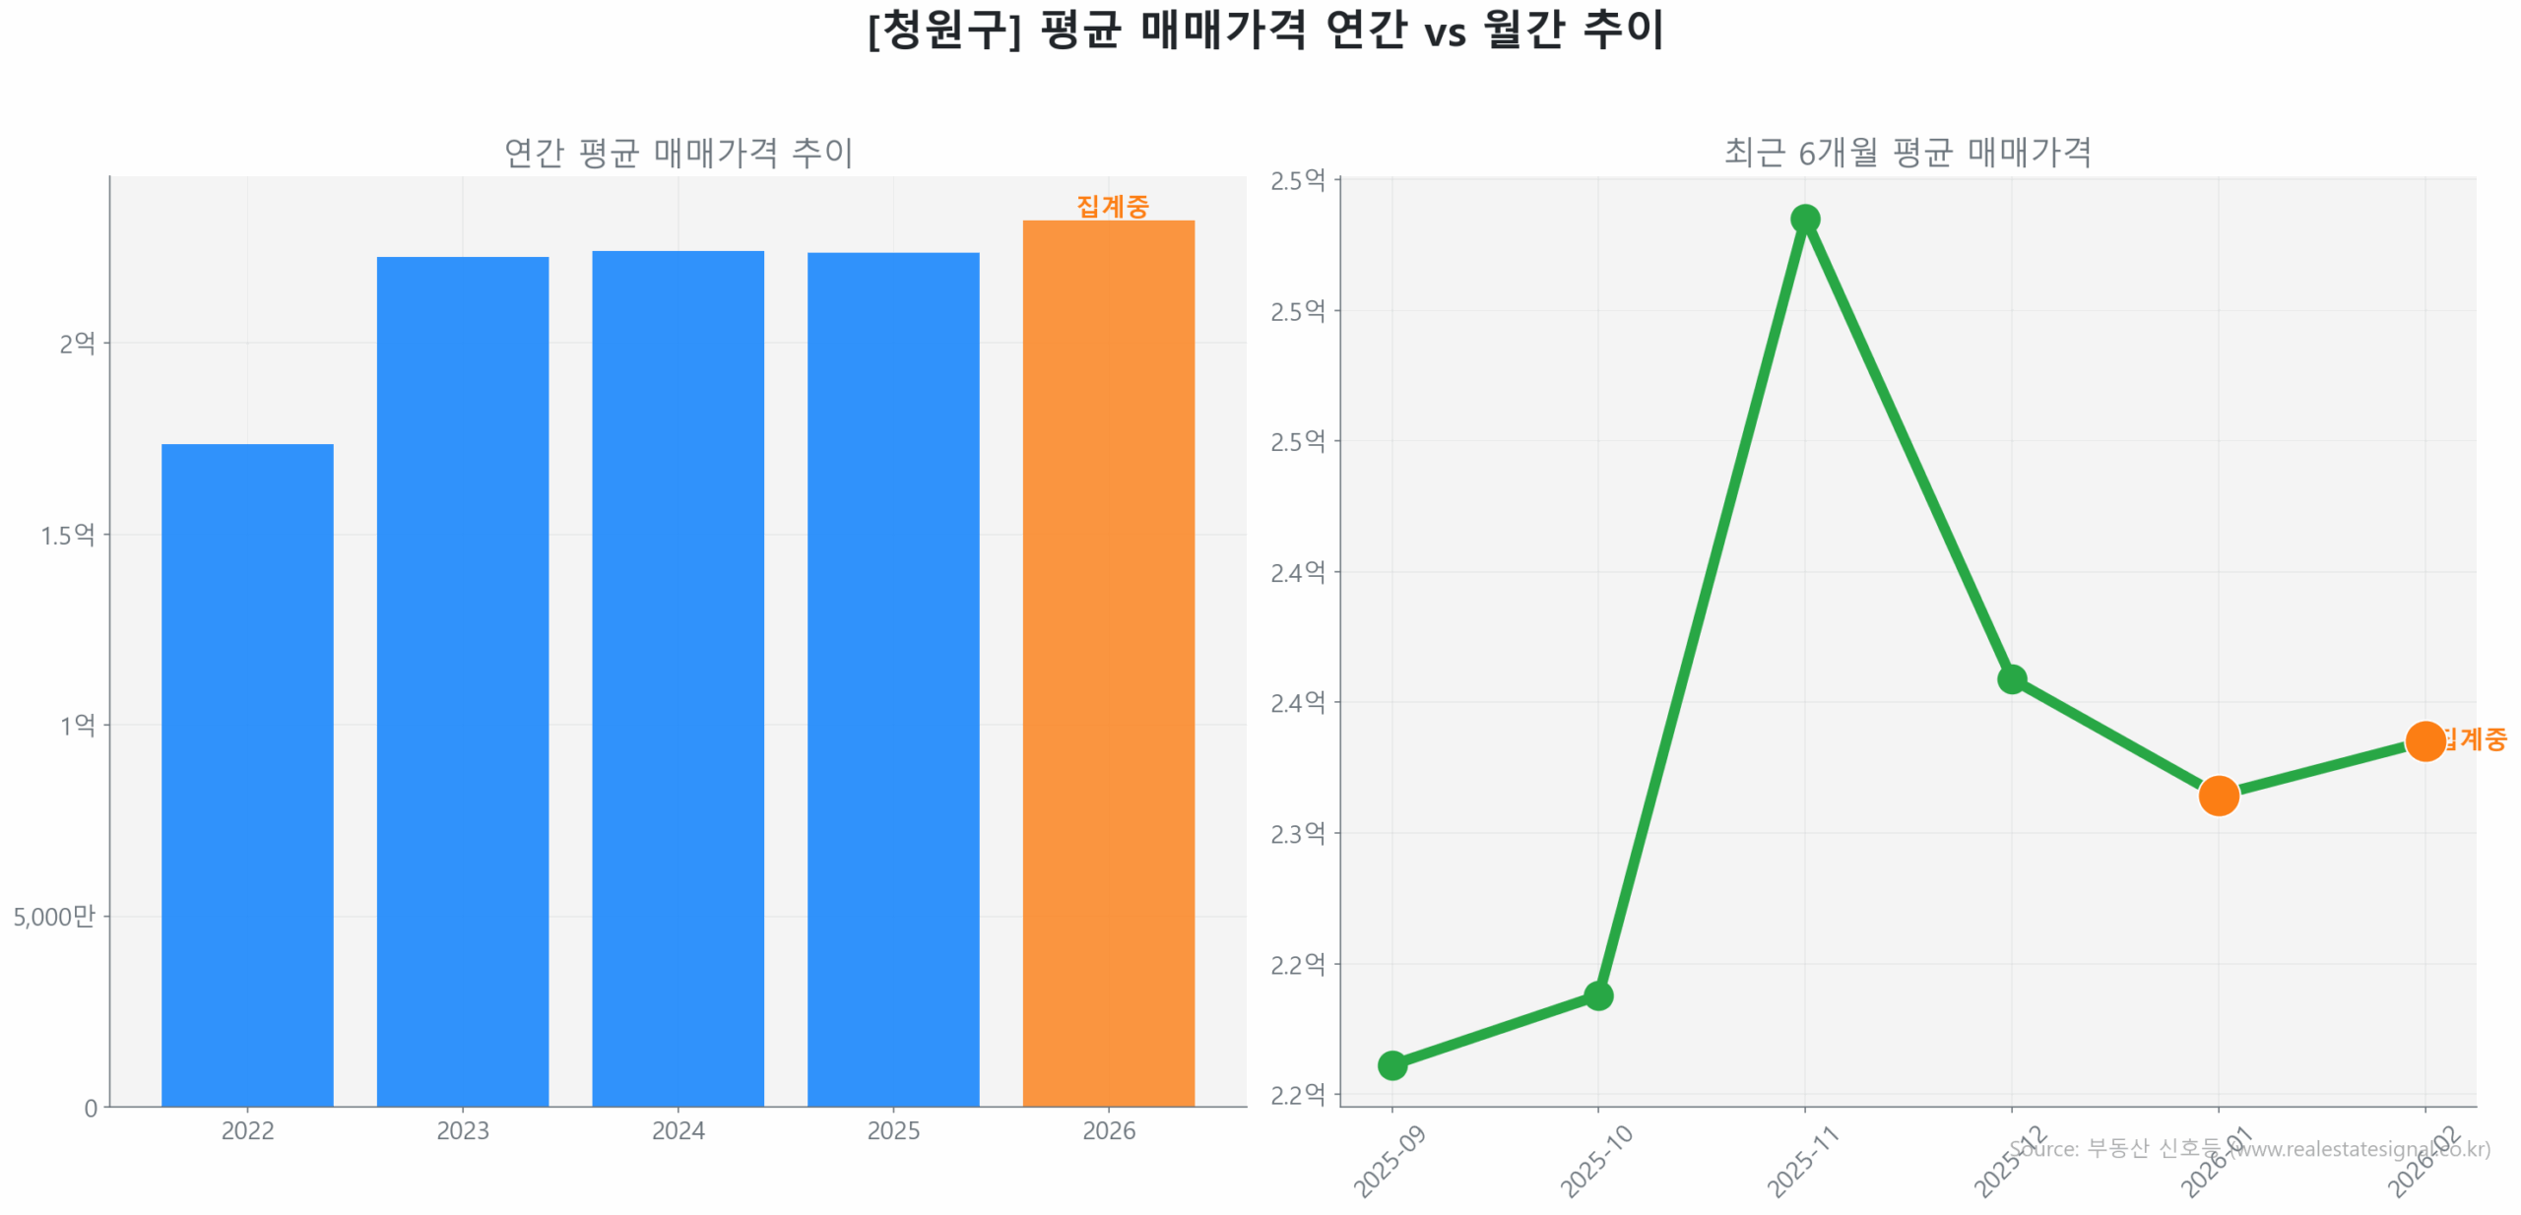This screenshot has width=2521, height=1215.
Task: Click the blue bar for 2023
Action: pyautogui.click(x=462, y=680)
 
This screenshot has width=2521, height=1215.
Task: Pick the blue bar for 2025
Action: pyautogui.click(x=892, y=678)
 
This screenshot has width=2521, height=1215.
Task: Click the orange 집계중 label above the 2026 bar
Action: pyautogui.click(x=1112, y=206)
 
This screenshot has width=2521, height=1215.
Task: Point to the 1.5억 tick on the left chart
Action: pyautogui.click(x=67, y=535)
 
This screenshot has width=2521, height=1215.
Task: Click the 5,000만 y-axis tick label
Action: pyautogui.click(x=54, y=916)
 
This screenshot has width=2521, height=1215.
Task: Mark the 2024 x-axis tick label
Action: pyautogui.click(x=678, y=1129)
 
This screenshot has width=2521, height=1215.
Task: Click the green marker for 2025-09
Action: pyautogui.click(x=1391, y=1064)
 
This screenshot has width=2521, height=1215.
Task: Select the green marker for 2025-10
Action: pyautogui.click(x=1597, y=995)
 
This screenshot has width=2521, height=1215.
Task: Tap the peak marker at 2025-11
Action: pyautogui.click(x=1804, y=219)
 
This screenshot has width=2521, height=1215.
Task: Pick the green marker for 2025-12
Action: pyautogui.click(x=2011, y=678)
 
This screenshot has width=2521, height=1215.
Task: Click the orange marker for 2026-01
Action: pyautogui.click(x=2218, y=795)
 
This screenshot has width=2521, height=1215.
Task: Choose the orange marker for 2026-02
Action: pyautogui.click(x=2424, y=740)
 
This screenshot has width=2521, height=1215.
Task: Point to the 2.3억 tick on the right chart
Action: pyautogui.click(x=1297, y=833)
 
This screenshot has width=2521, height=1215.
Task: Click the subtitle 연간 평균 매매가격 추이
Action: pyautogui.click(x=678, y=153)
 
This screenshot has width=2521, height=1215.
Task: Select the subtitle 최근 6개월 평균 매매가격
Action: pyautogui.click(x=1907, y=153)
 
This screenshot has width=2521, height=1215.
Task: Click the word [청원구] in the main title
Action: pyautogui.click(x=943, y=30)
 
